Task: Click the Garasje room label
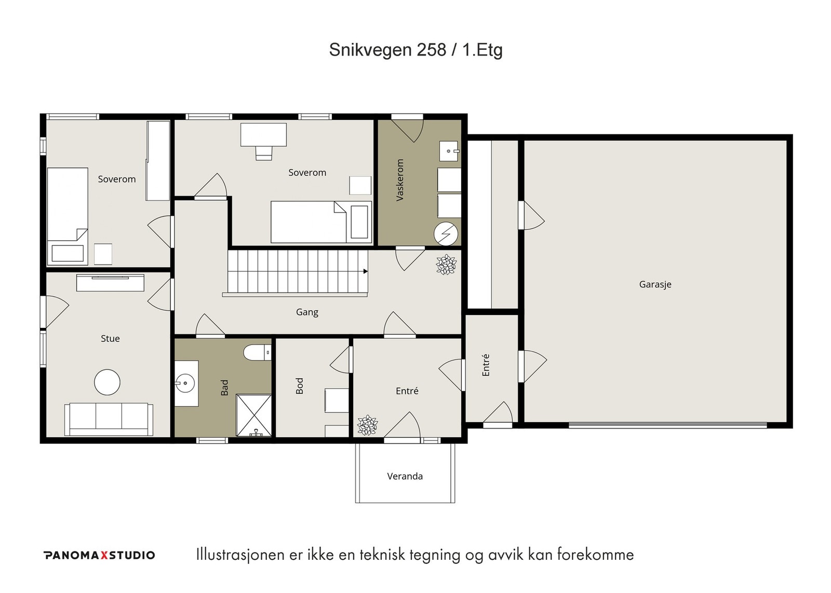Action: pos(655,284)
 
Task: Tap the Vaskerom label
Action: pos(399,180)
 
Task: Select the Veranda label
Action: pos(405,476)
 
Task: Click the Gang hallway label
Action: pos(307,312)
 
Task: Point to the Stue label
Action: pos(110,338)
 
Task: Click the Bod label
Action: pos(299,386)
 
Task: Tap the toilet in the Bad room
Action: pos(257,352)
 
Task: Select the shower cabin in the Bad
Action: pos(254,416)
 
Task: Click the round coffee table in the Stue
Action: pos(107,382)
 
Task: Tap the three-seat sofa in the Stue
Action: pos(109,419)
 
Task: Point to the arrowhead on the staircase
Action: pos(366,271)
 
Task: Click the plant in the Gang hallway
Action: pos(446,265)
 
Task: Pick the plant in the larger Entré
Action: pos(367,425)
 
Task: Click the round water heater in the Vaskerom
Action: pos(446,233)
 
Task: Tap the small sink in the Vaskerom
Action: pos(449,151)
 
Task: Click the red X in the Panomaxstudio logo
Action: pos(104,555)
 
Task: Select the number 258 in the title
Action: pos(431,50)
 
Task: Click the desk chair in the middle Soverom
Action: pos(263,153)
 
